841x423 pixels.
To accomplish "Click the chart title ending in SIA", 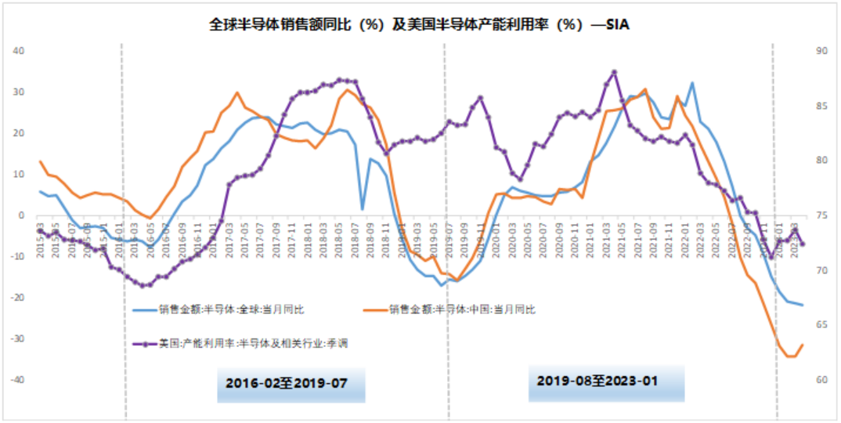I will click(x=420, y=24).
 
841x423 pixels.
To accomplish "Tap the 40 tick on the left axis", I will click(x=20, y=51).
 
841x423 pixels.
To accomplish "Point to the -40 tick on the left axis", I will click(x=18, y=380).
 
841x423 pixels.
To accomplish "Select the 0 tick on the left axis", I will click(x=22, y=215).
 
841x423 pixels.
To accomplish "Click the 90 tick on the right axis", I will click(x=821, y=51).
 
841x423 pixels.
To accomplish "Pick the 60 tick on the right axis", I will click(x=821, y=380).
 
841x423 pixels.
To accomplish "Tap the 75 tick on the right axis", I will click(x=821, y=215).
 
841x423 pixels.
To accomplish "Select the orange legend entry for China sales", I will click(x=462, y=309).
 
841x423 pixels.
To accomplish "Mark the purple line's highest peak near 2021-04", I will click(x=615, y=72).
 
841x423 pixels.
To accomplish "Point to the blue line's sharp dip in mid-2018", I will click(x=363, y=209).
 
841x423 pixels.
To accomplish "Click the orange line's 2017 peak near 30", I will click(x=236, y=92).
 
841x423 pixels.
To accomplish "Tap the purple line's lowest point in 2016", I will click(x=142, y=285).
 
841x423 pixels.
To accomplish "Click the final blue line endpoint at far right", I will click(x=803, y=305).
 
